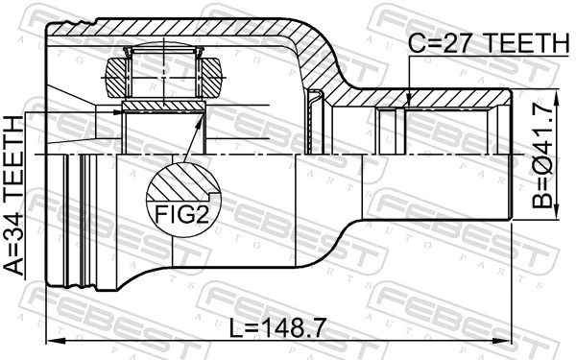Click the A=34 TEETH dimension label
(x=18, y=196)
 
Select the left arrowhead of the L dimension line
(x=54, y=341)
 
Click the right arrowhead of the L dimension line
(x=508, y=341)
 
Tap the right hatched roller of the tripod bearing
(x=208, y=75)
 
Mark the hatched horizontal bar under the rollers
(x=163, y=104)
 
